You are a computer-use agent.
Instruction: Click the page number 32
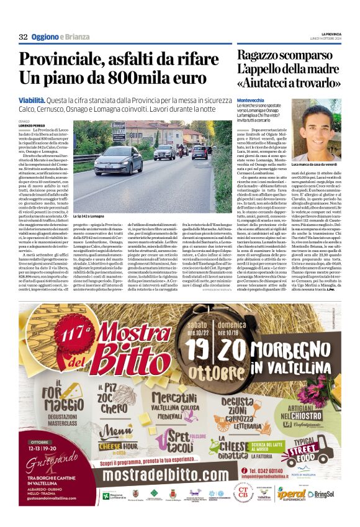[x=23, y=37]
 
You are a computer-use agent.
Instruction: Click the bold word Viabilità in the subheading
[x=32, y=99]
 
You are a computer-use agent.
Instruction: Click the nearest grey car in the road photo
[x=118, y=160]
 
